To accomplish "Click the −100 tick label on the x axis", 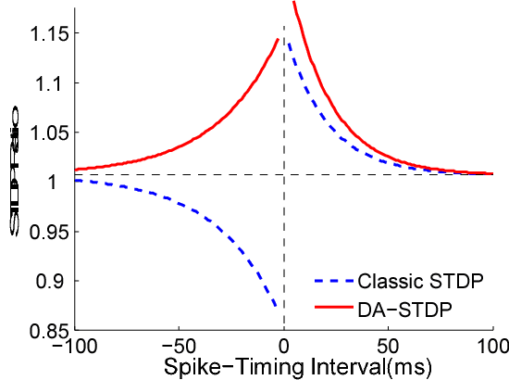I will [x=74, y=346].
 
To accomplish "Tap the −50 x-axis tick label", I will [x=179, y=346].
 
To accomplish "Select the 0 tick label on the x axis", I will [x=284, y=346].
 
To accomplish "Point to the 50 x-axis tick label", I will [x=388, y=346].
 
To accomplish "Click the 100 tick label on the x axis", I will [x=490, y=346].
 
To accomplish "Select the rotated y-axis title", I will [x=15, y=182].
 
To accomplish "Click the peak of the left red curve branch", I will [x=279, y=39].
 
